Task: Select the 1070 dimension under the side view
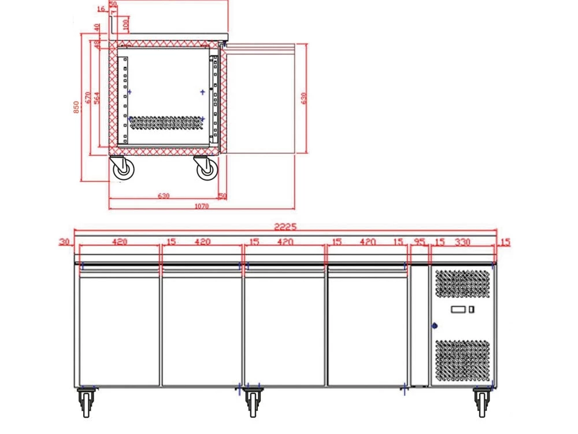201,205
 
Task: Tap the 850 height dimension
76,108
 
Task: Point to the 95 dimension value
420,242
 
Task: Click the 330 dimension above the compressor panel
463,242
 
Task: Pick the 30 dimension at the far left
64,242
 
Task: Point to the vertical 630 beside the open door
303,98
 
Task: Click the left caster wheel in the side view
123,169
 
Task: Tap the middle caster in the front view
251,400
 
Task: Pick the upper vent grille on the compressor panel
462,285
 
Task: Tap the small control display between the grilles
462,310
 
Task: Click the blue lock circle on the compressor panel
435,326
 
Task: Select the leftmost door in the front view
118,327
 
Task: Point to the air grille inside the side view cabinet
166,122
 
